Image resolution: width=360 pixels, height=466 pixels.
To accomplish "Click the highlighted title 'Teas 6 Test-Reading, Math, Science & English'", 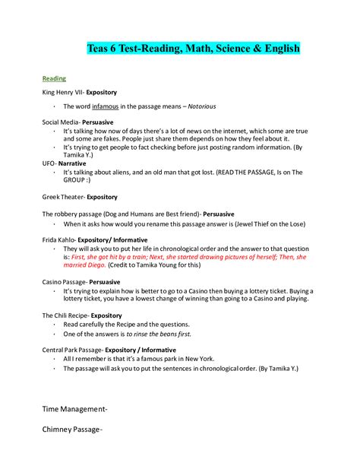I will [x=193, y=49].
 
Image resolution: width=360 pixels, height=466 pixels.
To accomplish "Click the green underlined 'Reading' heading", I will [x=54, y=78].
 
